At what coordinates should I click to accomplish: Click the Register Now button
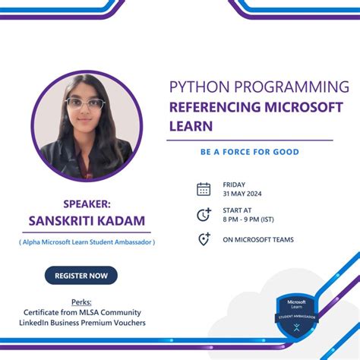pos(81,276)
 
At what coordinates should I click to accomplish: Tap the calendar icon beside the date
pos(204,189)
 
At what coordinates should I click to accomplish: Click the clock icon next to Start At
pos(204,215)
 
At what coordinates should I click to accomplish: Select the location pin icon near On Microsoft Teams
pos(204,239)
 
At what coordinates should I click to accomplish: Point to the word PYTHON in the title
pos(200,86)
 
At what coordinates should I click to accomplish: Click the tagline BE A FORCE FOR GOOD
pos(249,152)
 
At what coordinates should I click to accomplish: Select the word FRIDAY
pos(234,185)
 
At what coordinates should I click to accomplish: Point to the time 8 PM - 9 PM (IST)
pos(248,219)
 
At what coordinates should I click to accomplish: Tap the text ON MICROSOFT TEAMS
pos(258,240)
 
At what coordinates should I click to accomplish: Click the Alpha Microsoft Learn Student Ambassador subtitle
pos(87,242)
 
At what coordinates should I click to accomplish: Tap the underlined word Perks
pos(81,302)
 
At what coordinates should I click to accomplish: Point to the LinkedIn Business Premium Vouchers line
pos(81,323)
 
